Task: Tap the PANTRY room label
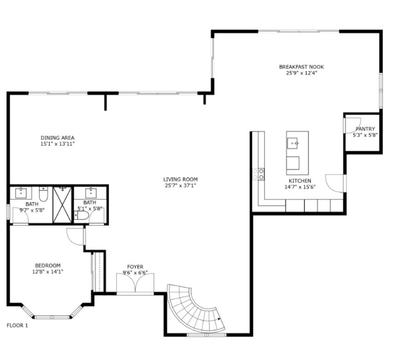365,129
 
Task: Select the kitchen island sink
294,144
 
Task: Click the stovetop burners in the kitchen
258,174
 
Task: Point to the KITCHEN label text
300,181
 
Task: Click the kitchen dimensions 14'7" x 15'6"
300,188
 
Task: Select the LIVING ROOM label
180,179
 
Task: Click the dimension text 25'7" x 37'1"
180,186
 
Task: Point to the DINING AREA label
57,138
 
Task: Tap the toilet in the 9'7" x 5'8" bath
44,195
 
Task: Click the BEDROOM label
48,266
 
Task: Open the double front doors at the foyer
135,285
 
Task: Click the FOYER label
135,267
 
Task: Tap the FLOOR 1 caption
17,325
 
